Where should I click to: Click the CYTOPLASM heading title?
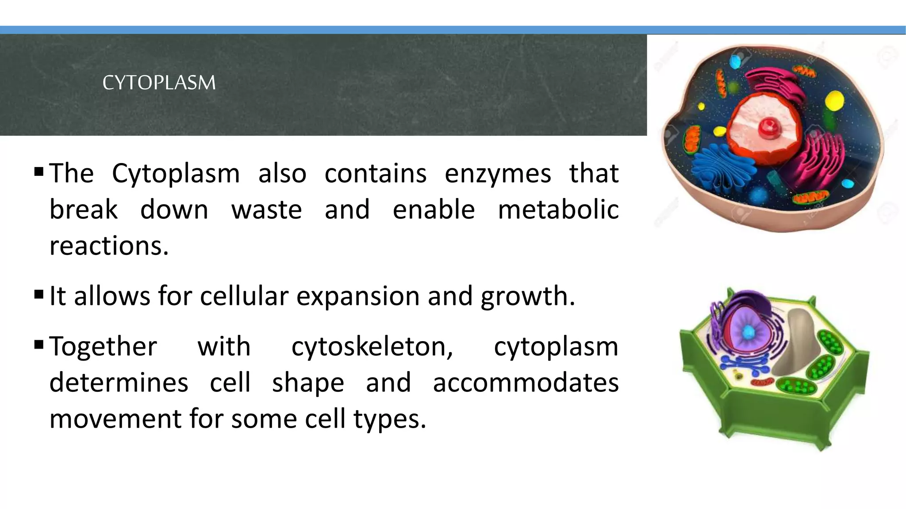pos(159,83)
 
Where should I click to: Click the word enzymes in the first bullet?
pos(498,174)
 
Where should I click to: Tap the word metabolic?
pos(558,210)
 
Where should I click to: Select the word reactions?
pos(109,246)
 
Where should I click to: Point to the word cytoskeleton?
pos(372,347)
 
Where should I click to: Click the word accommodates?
pos(525,383)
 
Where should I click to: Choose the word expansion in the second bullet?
pos(357,296)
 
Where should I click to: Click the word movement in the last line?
pos(115,419)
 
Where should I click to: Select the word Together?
pos(103,347)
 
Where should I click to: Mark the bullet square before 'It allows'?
pos(39,294)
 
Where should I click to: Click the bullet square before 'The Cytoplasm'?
pos(39,171)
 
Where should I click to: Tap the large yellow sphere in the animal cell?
pos(834,100)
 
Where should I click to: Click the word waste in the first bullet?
pos(266,210)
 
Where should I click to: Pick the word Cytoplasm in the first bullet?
pos(176,174)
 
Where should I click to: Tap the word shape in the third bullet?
pos(308,383)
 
